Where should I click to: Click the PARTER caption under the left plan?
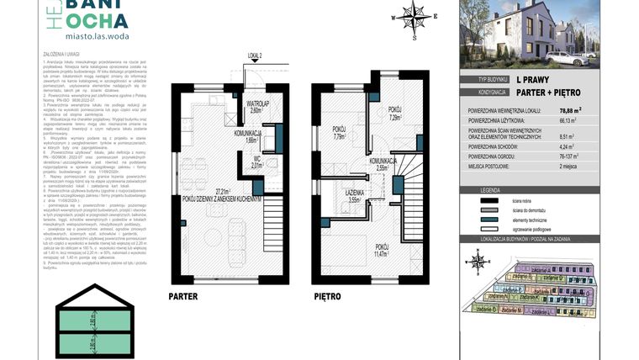(183, 297)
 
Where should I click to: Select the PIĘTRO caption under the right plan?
(327, 297)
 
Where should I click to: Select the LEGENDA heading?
(490, 191)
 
